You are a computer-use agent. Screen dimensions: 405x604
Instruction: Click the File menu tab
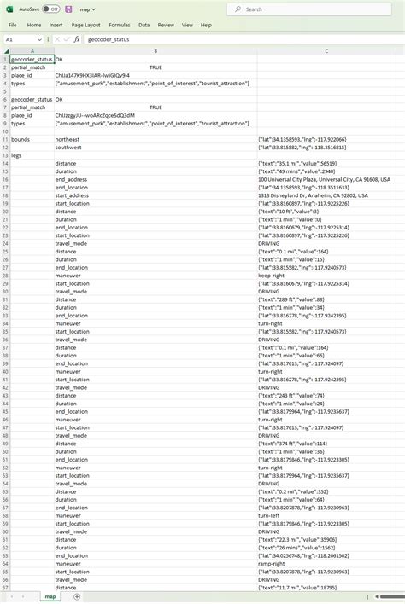13,25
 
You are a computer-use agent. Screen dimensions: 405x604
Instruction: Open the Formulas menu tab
120,25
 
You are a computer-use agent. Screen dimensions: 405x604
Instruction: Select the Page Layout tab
85,25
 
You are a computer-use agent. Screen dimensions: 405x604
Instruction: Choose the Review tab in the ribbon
166,25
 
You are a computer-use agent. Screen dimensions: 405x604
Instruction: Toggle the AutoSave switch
50,9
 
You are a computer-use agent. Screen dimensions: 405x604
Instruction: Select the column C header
326,50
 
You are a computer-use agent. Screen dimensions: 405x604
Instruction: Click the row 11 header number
4,137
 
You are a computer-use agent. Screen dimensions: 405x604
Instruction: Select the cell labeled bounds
21,137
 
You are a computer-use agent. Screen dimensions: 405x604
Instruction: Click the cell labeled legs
17,155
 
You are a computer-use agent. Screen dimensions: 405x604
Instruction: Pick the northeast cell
68,137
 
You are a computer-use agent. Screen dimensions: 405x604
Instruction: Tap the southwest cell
68,147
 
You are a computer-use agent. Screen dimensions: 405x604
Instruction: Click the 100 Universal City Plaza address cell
324,180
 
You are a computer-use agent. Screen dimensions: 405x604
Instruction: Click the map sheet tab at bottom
50,596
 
